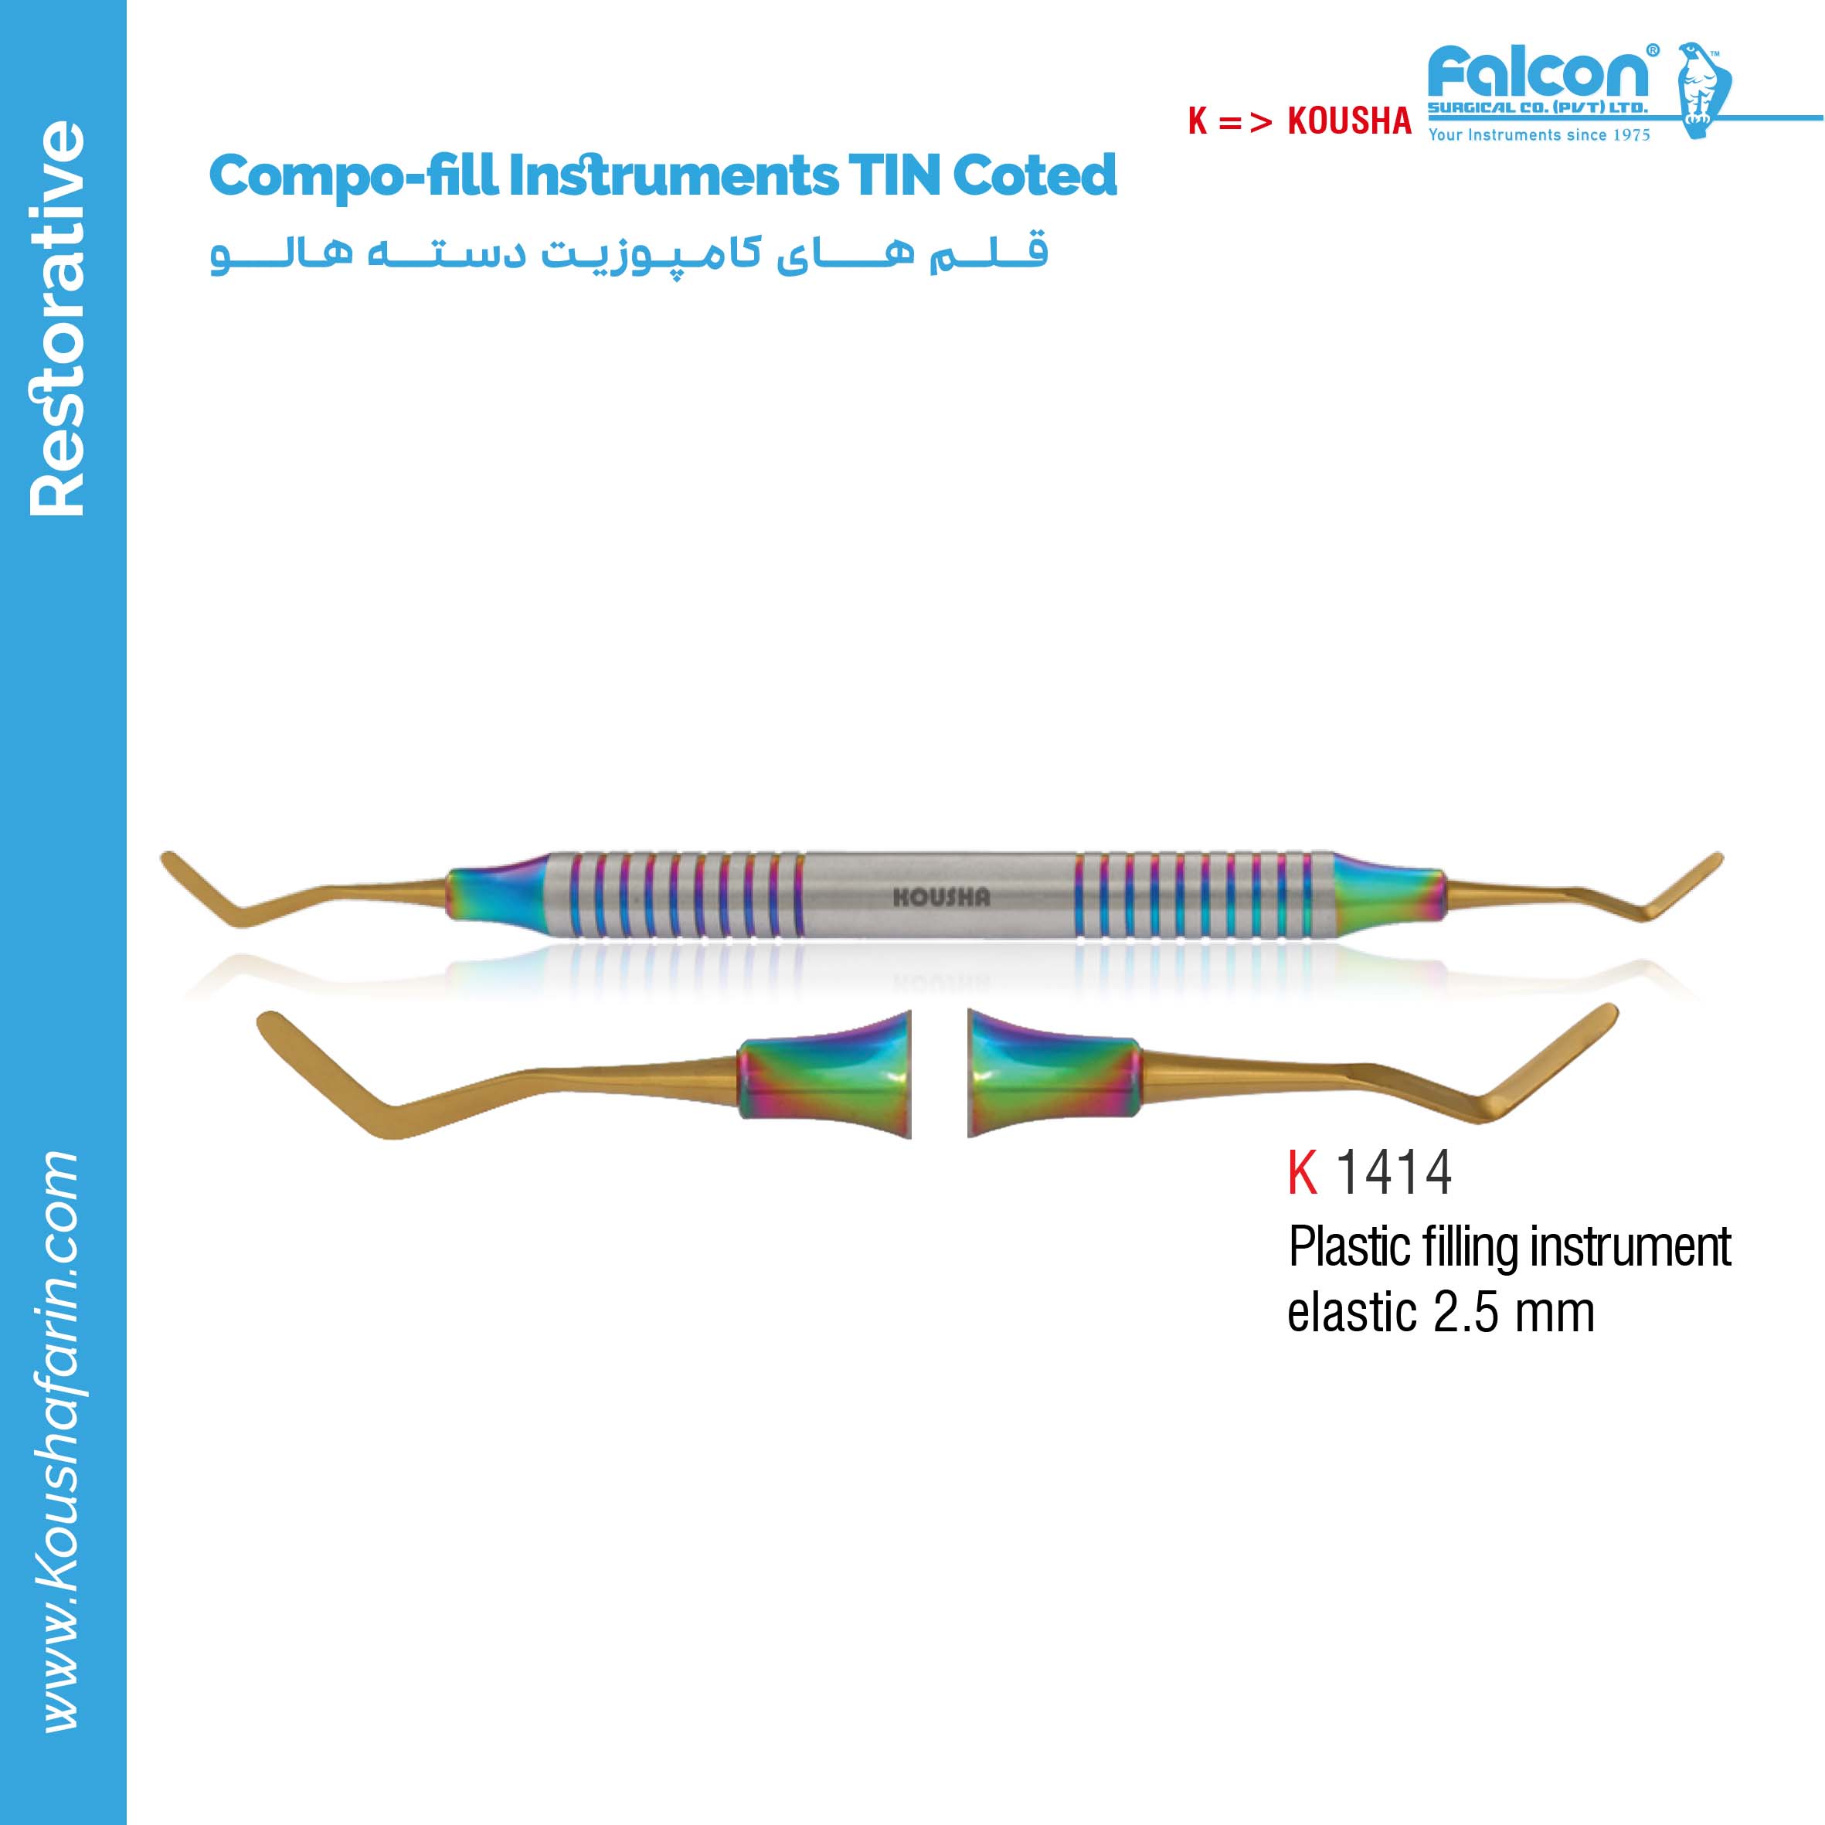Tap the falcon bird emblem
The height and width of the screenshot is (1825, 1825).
coord(1703,90)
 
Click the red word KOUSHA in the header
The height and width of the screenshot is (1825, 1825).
coord(1350,121)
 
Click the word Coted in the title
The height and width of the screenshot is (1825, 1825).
coord(1035,175)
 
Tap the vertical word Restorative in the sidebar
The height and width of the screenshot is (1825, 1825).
coord(59,318)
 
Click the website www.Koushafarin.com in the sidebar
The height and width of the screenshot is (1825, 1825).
coord(59,1443)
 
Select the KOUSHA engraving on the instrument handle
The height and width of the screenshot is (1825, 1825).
coord(942,897)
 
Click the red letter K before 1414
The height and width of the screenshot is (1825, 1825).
coord(1303,1172)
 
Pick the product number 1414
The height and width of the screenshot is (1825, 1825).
coord(1393,1172)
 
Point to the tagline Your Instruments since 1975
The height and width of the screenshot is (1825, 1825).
coord(1539,135)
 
